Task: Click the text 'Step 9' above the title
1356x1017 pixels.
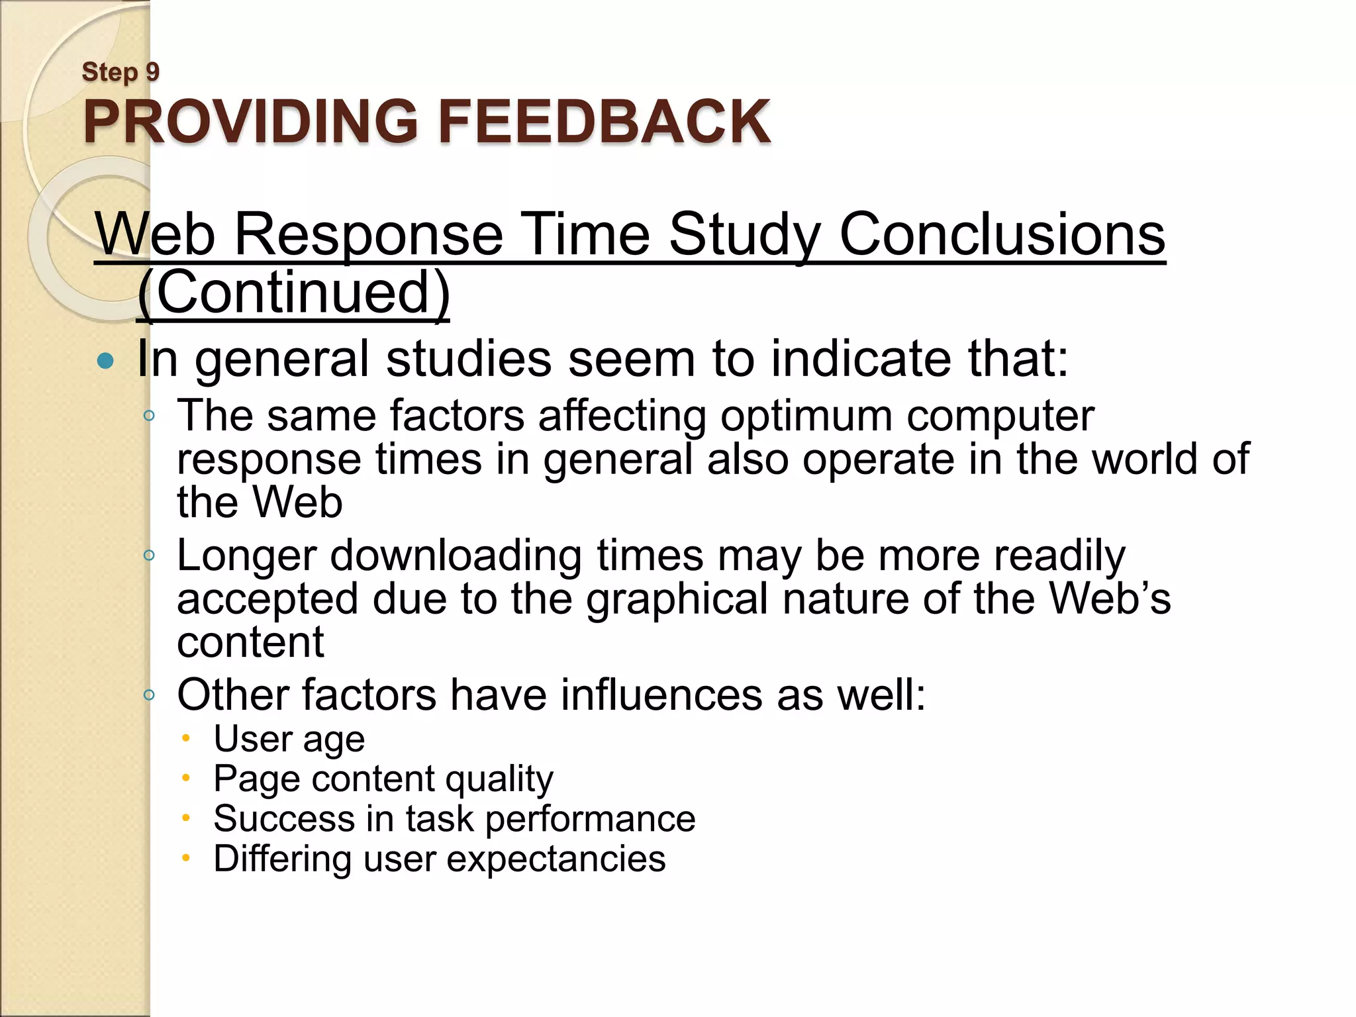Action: [x=121, y=72]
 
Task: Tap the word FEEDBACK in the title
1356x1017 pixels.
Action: [x=604, y=121]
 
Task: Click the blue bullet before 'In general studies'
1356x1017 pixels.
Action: [x=105, y=361]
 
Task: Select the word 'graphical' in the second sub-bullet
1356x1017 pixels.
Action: [x=677, y=599]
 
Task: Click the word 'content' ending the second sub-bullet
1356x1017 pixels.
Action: [x=250, y=642]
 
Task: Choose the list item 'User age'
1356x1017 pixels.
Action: [x=289, y=739]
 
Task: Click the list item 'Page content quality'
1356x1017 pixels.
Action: [x=383, y=779]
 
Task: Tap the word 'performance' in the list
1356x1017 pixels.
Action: [x=590, y=818]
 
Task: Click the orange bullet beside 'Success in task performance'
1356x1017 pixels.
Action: [x=187, y=818]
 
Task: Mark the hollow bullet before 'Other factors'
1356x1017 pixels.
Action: [x=150, y=695]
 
